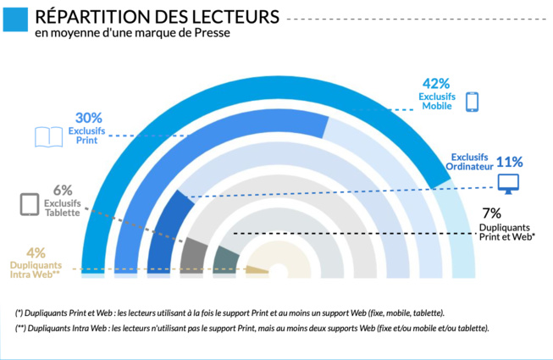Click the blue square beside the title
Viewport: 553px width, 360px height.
click(x=14, y=19)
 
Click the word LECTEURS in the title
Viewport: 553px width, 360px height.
click(x=231, y=15)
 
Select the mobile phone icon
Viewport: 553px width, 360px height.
click(x=472, y=101)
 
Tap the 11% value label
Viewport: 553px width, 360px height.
click(x=510, y=162)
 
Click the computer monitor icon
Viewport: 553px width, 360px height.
click(x=508, y=182)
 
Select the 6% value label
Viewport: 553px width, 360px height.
click(x=63, y=191)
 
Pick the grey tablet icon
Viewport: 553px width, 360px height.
click(x=30, y=205)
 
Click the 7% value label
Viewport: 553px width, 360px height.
click(x=491, y=213)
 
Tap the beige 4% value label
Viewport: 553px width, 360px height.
click(x=36, y=252)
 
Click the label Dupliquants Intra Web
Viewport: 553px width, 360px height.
click(x=35, y=269)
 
